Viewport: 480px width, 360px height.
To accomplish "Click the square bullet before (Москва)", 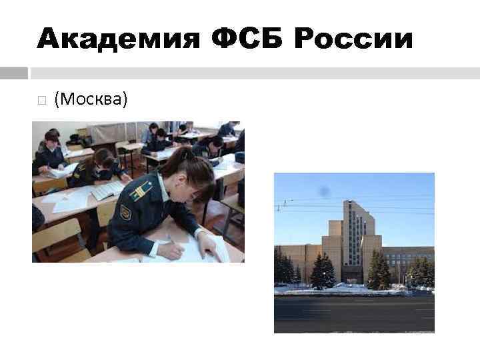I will tap(41, 101).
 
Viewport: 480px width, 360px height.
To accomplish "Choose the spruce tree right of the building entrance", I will tap(378, 270).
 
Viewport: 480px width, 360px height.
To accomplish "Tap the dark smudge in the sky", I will tap(325, 191).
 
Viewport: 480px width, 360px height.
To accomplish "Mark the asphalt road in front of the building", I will tap(354, 313).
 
